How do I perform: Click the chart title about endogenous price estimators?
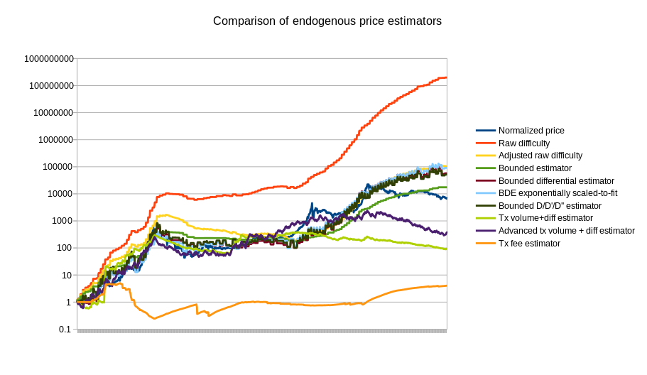coord(327,21)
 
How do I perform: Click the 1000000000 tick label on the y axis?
coord(48,59)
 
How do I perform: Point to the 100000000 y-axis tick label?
coord(51,86)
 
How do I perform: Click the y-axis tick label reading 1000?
coord(62,221)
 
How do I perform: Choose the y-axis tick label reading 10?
coord(67,275)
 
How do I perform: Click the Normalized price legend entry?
coord(531,131)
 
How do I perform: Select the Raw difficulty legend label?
coord(524,143)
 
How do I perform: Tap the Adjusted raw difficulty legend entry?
coord(540,156)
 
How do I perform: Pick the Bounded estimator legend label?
coord(535,168)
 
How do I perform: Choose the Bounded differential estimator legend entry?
coord(556,181)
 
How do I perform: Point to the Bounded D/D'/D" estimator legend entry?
coord(550,206)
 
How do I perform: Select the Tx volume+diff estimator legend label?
coord(545,218)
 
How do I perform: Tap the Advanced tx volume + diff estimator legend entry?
coord(566,231)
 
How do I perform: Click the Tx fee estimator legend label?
coord(529,244)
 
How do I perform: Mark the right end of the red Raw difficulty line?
coord(446,77)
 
